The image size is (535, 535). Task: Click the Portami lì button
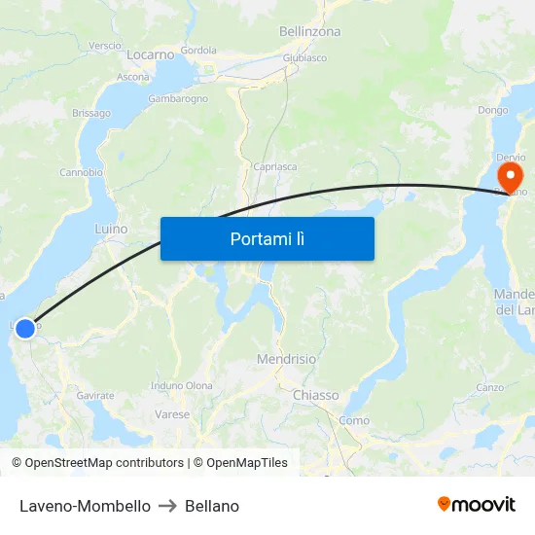pos(267,238)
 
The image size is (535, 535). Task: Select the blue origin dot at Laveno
pos(25,329)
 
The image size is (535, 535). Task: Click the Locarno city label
pos(150,54)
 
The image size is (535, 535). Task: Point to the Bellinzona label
pos(309,31)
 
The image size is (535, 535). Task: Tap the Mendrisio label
pos(286,359)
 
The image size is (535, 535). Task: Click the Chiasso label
pos(316,395)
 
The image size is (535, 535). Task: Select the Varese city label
pos(172,414)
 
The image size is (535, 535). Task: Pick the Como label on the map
pos(354,420)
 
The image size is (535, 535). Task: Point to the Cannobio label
pos(81,172)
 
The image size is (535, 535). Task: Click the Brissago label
pos(91,113)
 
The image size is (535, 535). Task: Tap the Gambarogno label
pos(178,99)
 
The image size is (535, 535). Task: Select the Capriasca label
pos(274,166)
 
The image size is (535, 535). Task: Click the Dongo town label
pos(492,110)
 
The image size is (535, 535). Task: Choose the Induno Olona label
pos(182,385)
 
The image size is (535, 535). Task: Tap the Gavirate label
pos(95,396)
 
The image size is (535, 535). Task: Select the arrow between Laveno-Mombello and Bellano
pos(167,506)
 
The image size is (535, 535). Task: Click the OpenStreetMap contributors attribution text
pos(104,463)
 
